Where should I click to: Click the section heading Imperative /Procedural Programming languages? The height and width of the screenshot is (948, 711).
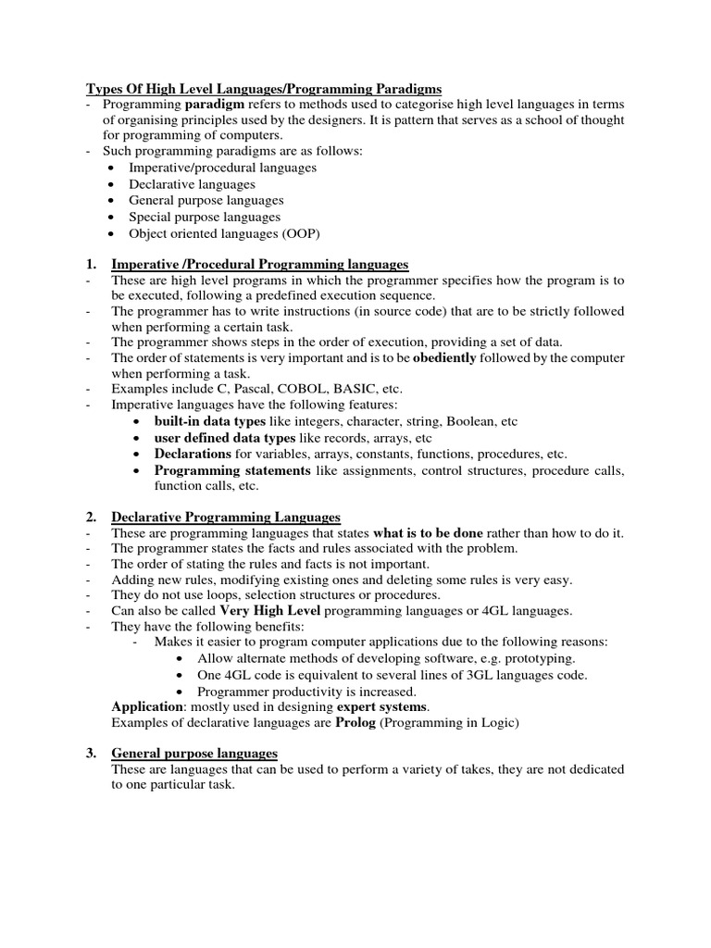click(259, 265)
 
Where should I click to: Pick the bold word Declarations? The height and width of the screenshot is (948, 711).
click(193, 454)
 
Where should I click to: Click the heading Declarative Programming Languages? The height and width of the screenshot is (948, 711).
click(226, 517)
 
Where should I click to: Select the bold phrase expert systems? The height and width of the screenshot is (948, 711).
click(386, 706)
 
